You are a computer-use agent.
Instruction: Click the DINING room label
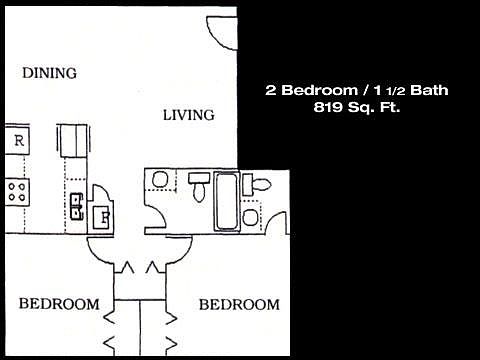50,73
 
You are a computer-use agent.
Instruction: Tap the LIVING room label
189,115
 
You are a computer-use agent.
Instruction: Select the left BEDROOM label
60,304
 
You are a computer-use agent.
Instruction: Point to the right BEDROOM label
238,304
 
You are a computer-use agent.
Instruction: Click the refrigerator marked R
18,141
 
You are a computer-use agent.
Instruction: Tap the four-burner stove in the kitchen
17,191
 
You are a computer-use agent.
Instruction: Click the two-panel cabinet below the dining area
72,141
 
